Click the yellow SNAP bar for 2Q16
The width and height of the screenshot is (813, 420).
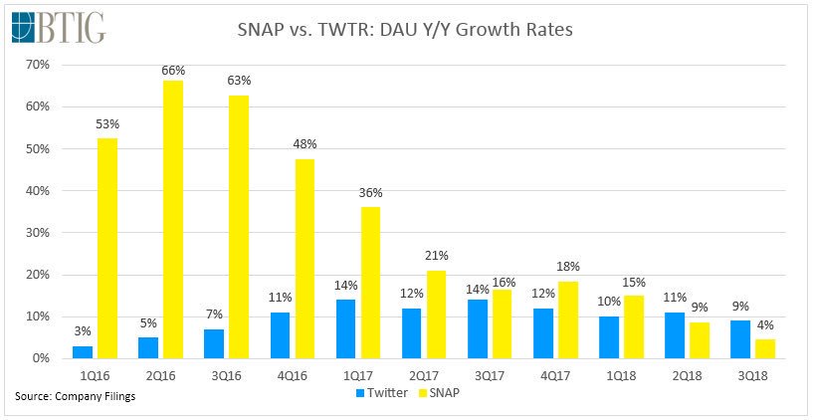[173, 219]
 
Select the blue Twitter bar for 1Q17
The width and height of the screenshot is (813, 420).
[346, 329]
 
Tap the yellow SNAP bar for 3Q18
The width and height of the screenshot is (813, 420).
[765, 349]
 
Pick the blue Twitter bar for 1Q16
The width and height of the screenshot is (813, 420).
[83, 352]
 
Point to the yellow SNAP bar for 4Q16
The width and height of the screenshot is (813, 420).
[305, 259]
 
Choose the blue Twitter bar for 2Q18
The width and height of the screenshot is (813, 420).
[675, 335]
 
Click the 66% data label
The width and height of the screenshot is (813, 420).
[173, 71]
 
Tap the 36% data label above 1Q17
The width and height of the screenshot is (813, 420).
[370, 193]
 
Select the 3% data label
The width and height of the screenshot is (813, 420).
[83, 331]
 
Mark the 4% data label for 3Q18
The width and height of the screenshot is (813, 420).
[765, 325]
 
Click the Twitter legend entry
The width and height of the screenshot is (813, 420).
[380, 392]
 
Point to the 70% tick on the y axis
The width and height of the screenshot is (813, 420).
[38, 65]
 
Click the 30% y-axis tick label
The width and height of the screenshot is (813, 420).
[38, 233]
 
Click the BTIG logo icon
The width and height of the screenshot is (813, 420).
[23, 27]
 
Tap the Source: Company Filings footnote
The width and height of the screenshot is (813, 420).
[76, 397]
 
